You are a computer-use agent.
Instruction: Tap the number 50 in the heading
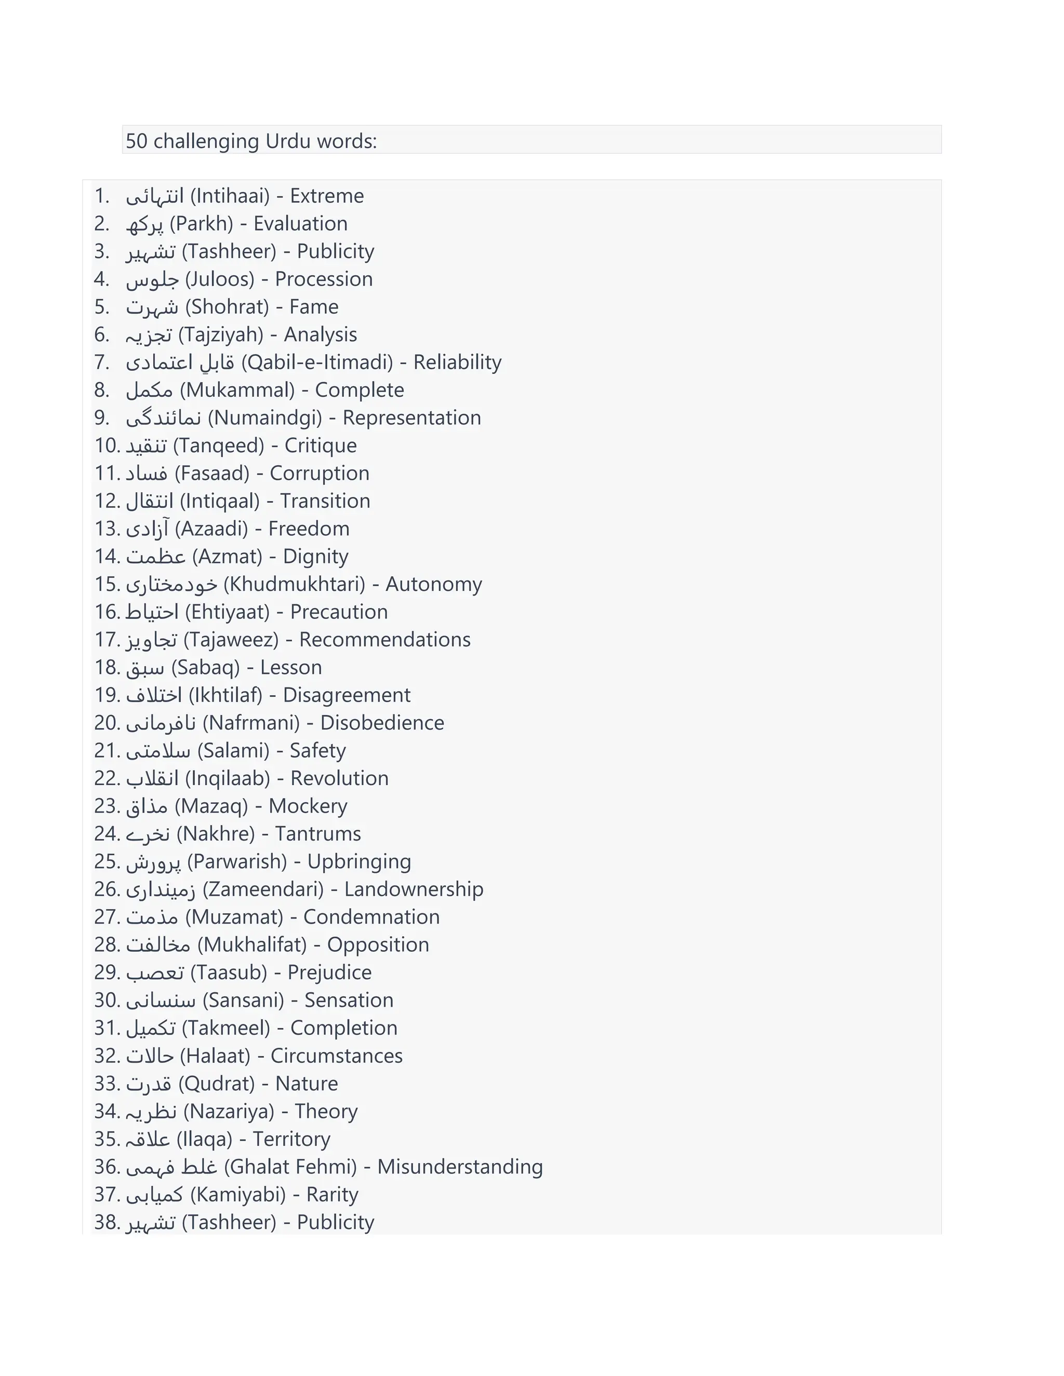136,141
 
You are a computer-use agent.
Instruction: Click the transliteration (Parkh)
201,224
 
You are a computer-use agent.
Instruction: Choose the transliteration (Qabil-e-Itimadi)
316,362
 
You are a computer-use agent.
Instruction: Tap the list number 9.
101,417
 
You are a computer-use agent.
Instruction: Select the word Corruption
319,473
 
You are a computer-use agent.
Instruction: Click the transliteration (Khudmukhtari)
295,584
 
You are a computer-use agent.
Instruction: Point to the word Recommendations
384,640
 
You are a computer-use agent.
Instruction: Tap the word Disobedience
382,723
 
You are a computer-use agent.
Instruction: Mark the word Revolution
339,778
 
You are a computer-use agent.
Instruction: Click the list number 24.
106,833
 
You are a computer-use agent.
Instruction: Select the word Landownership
414,889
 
